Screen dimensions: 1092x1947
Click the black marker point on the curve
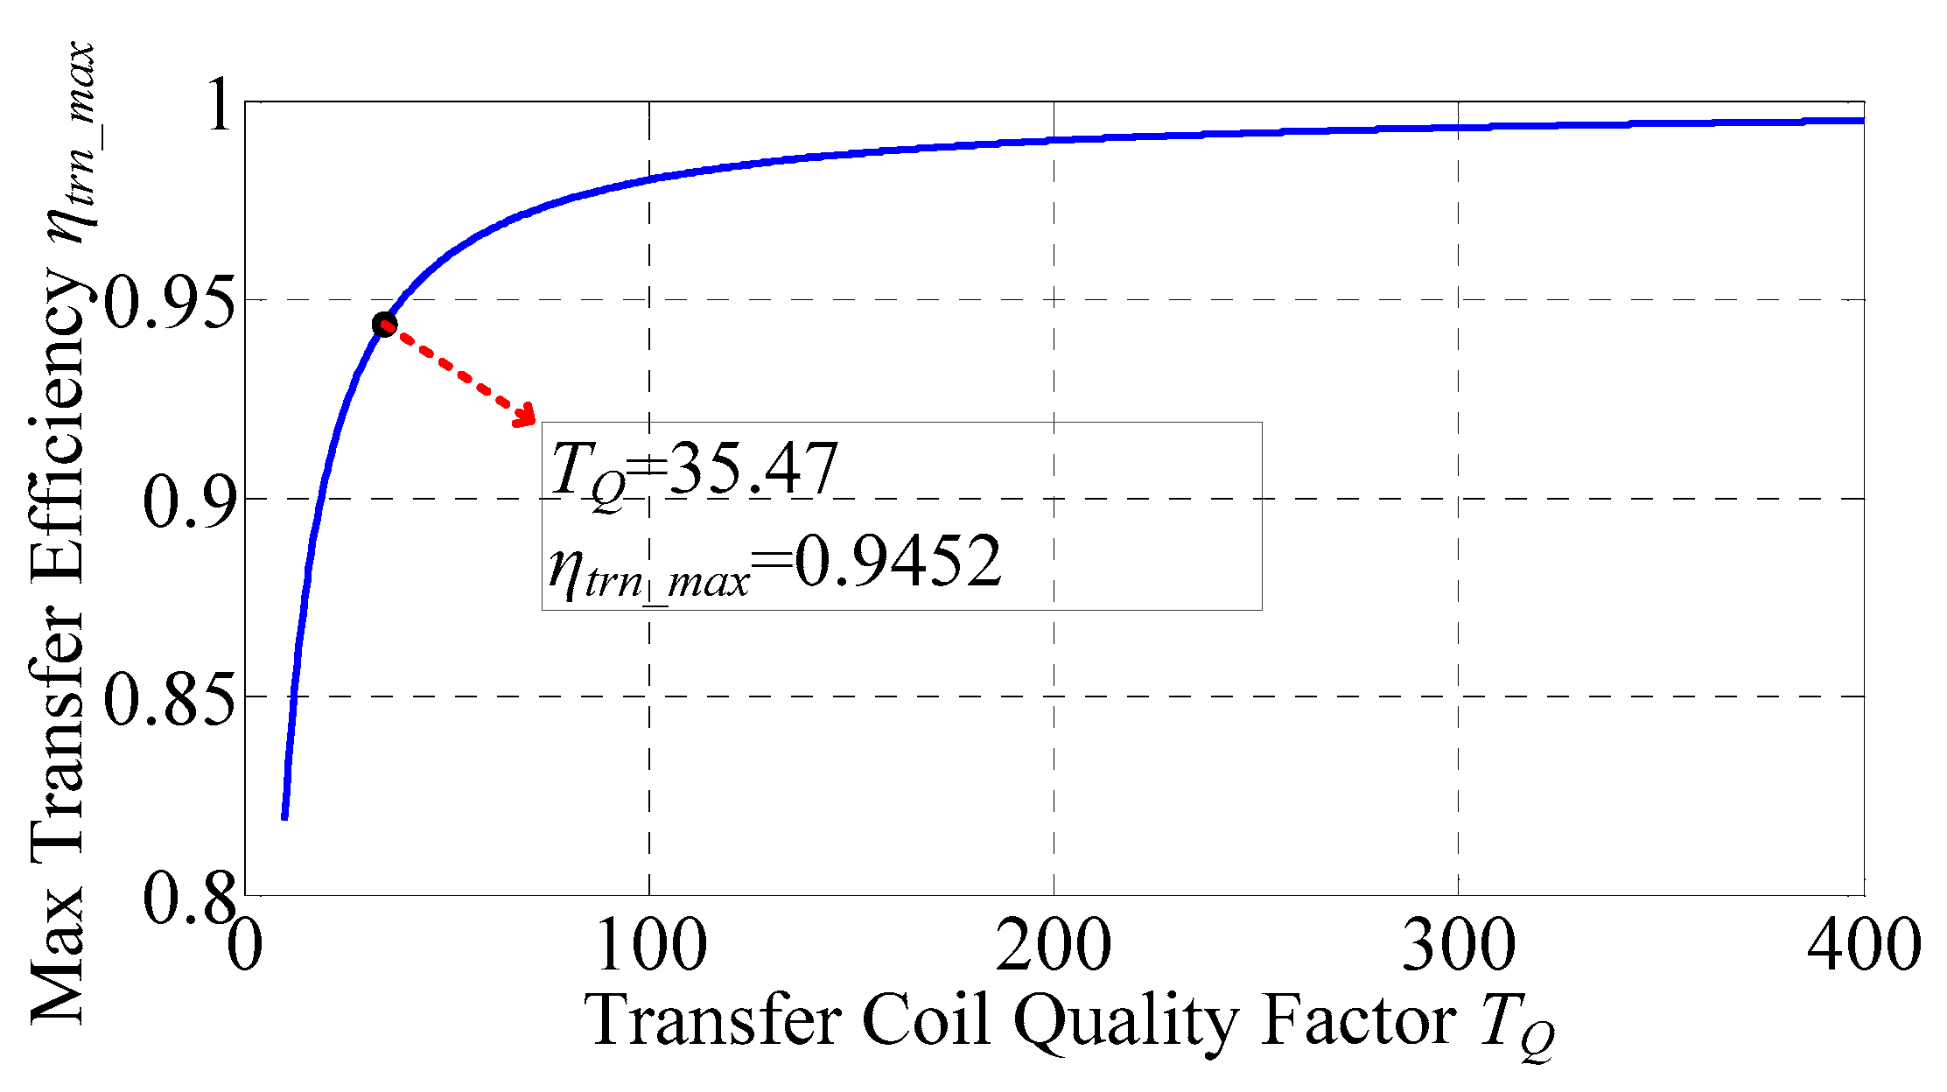(384, 325)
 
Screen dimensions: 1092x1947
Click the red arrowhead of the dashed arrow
(527, 415)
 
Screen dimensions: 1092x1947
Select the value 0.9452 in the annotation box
(897, 562)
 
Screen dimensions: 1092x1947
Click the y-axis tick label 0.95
(170, 303)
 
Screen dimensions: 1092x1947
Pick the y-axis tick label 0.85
(170, 699)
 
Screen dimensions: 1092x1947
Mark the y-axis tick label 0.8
(190, 898)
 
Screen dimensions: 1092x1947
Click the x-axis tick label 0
(245, 946)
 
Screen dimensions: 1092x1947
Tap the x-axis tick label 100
(649, 946)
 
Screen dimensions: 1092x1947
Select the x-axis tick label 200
(1054, 946)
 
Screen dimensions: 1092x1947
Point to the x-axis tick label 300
(1458, 946)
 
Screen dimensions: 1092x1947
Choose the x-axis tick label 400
(1863, 946)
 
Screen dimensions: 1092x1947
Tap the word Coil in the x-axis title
(927, 1019)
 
